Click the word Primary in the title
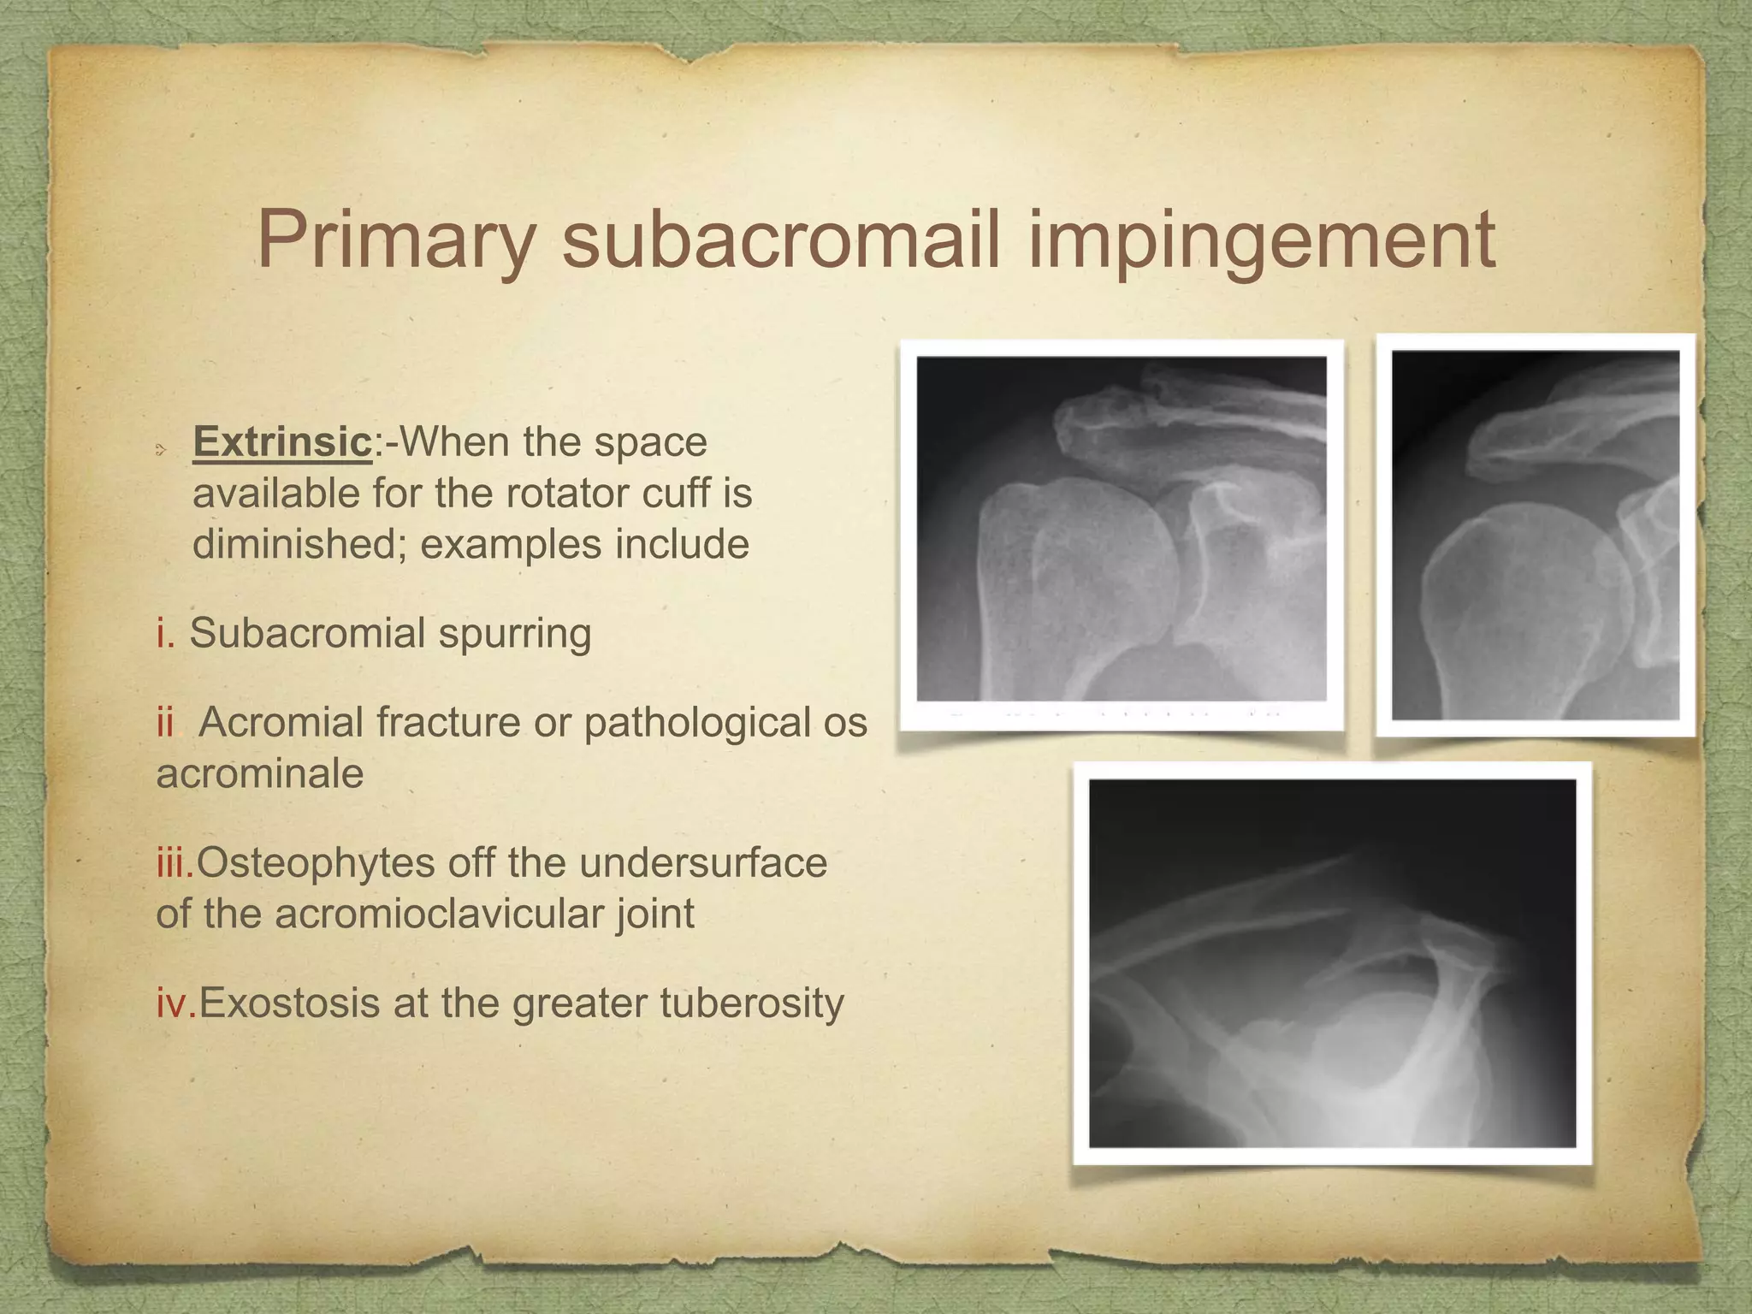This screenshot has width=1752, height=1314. pos(396,240)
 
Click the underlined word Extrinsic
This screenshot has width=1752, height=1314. pos(282,442)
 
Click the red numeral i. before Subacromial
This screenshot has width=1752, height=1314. pos(166,634)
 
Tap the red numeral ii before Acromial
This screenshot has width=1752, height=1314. pos(164,722)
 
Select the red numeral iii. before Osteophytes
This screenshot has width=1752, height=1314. pos(175,862)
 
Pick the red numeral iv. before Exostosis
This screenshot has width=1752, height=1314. pos(176,1003)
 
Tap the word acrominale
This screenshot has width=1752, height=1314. pos(260,774)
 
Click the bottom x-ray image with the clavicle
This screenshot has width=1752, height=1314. pos(1332,962)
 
